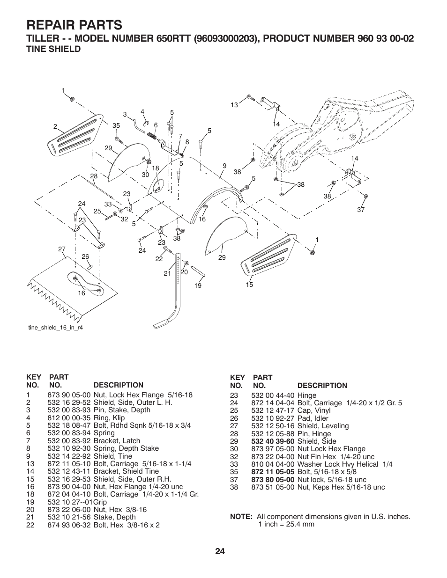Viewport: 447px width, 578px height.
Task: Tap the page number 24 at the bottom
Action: pyautogui.click(x=221, y=551)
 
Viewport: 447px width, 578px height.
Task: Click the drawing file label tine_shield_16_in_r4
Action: pyautogui.click(x=56, y=328)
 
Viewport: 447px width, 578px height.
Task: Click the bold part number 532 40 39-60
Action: pyautogui.click(x=273, y=441)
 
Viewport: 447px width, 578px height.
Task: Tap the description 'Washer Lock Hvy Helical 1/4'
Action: pyautogui.click(x=345, y=464)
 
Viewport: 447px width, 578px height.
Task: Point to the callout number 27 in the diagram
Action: pyautogui.click(x=62, y=249)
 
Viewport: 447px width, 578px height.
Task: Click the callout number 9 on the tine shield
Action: pyautogui.click(x=224, y=166)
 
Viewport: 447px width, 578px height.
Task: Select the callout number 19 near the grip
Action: pyautogui.click(x=198, y=285)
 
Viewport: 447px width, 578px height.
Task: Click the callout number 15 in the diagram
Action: pyautogui.click(x=249, y=285)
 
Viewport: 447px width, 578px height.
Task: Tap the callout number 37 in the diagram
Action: pyautogui.click(x=361, y=210)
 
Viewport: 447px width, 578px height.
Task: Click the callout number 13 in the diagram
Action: pyautogui.click(x=234, y=105)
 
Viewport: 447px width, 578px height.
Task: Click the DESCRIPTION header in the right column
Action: pyautogui.click(x=322, y=386)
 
